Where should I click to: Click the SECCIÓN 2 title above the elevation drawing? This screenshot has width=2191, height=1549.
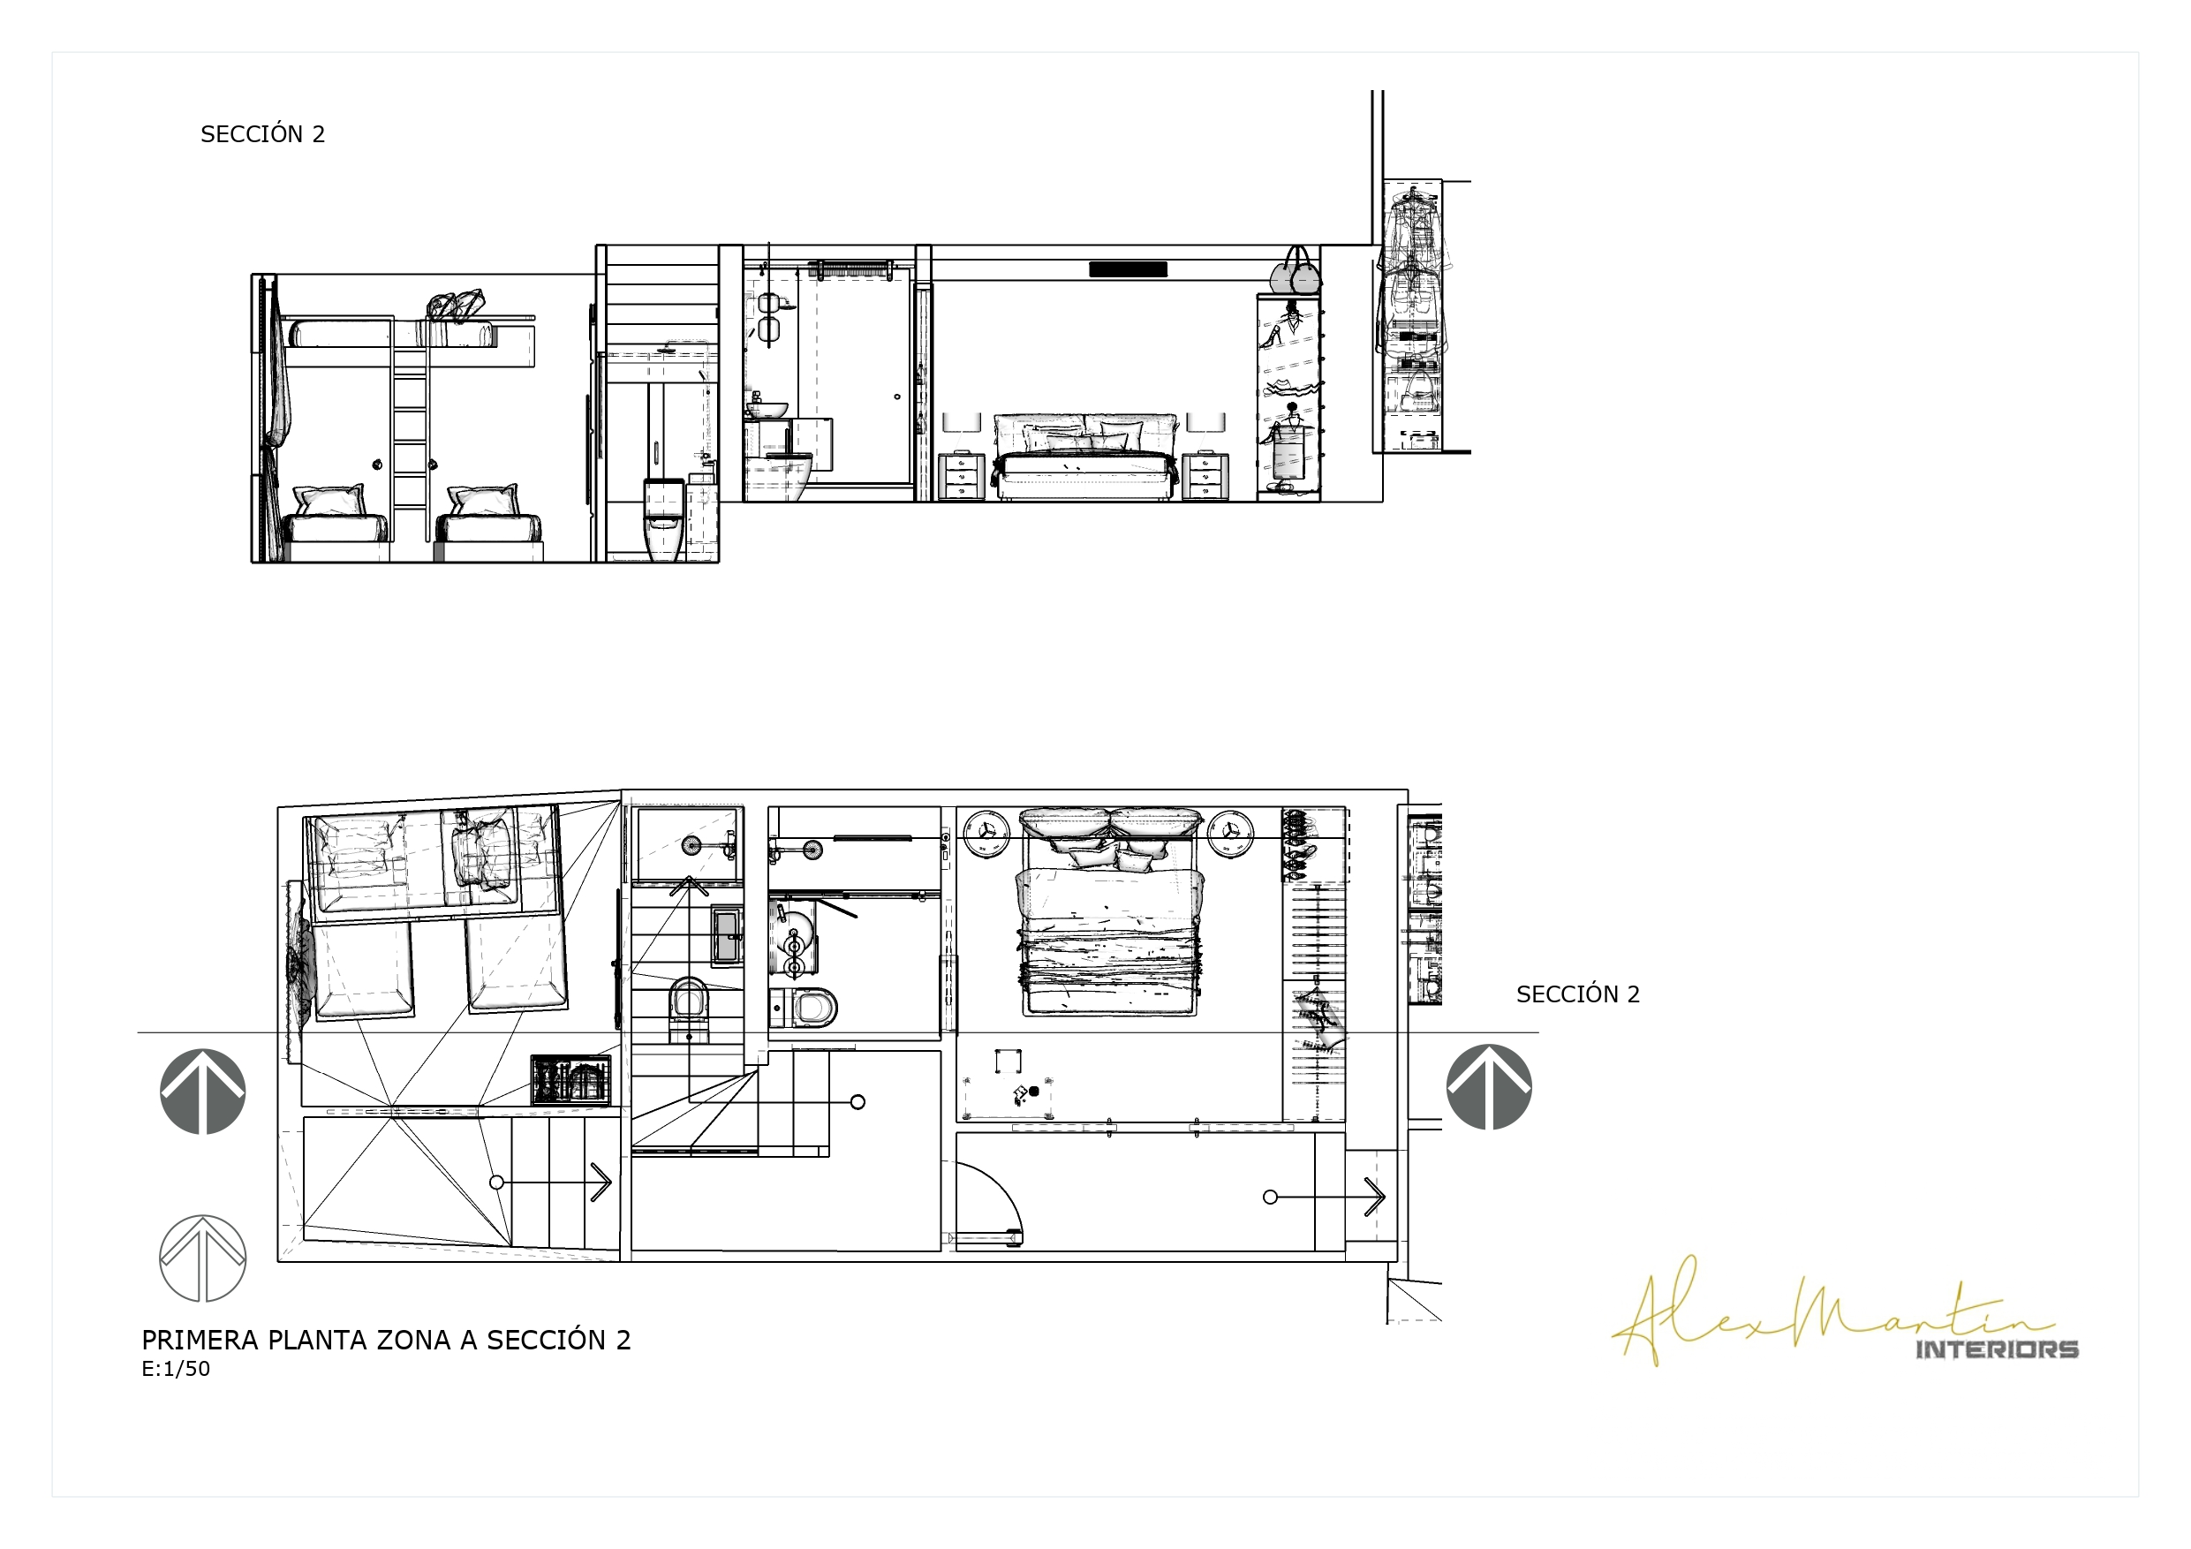click(262, 133)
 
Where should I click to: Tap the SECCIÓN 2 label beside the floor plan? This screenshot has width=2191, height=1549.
click(1577, 994)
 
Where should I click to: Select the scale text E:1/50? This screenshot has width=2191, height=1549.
click(176, 1369)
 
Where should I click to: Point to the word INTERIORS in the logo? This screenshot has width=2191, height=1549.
click(1997, 1349)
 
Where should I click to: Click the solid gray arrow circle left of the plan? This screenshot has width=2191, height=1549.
click(202, 1092)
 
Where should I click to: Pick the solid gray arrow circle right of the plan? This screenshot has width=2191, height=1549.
click(1489, 1087)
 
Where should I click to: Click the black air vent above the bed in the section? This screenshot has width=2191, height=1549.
click(1128, 269)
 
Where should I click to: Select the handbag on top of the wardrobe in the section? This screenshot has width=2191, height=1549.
click(1296, 272)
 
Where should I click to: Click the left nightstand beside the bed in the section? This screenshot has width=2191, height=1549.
click(961, 476)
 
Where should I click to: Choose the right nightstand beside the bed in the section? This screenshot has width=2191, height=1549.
click(1205, 476)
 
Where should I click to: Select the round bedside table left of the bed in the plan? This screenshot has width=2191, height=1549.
click(986, 833)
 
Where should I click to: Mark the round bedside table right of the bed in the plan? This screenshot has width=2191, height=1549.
click(1231, 833)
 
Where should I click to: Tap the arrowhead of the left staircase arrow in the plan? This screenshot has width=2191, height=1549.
click(601, 1183)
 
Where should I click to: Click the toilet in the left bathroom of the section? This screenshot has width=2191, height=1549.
click(664, 520)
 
